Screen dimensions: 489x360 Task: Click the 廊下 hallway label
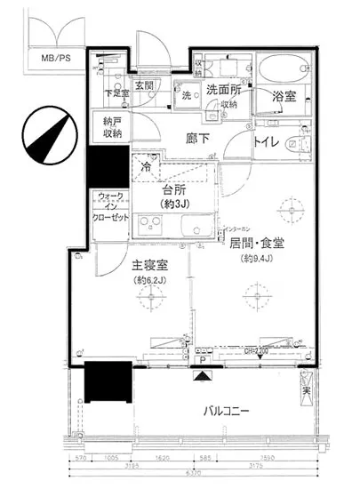point(196,138)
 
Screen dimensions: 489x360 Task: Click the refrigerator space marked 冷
point(145,166)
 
